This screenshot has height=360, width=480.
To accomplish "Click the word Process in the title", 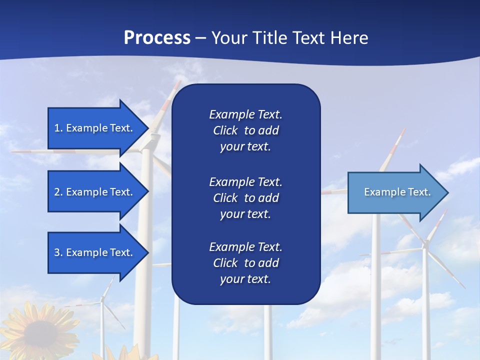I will [157, 38].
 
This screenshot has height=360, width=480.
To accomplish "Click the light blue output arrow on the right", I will [395, 192].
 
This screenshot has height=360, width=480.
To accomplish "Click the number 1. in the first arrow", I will [58, 128].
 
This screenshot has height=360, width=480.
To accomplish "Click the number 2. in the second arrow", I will [58, 192].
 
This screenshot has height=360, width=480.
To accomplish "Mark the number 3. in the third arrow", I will [58, 252].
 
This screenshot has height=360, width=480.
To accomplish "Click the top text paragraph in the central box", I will [245, 130].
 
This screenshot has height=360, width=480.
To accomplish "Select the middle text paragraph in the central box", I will [245, 197].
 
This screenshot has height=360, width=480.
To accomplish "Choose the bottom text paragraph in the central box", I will [245, 263].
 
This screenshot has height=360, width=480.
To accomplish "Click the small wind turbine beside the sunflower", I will [102, 300].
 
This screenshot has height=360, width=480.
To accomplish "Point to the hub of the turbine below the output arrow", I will [425, 244].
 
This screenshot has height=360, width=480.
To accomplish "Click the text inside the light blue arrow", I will [397, 192].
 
